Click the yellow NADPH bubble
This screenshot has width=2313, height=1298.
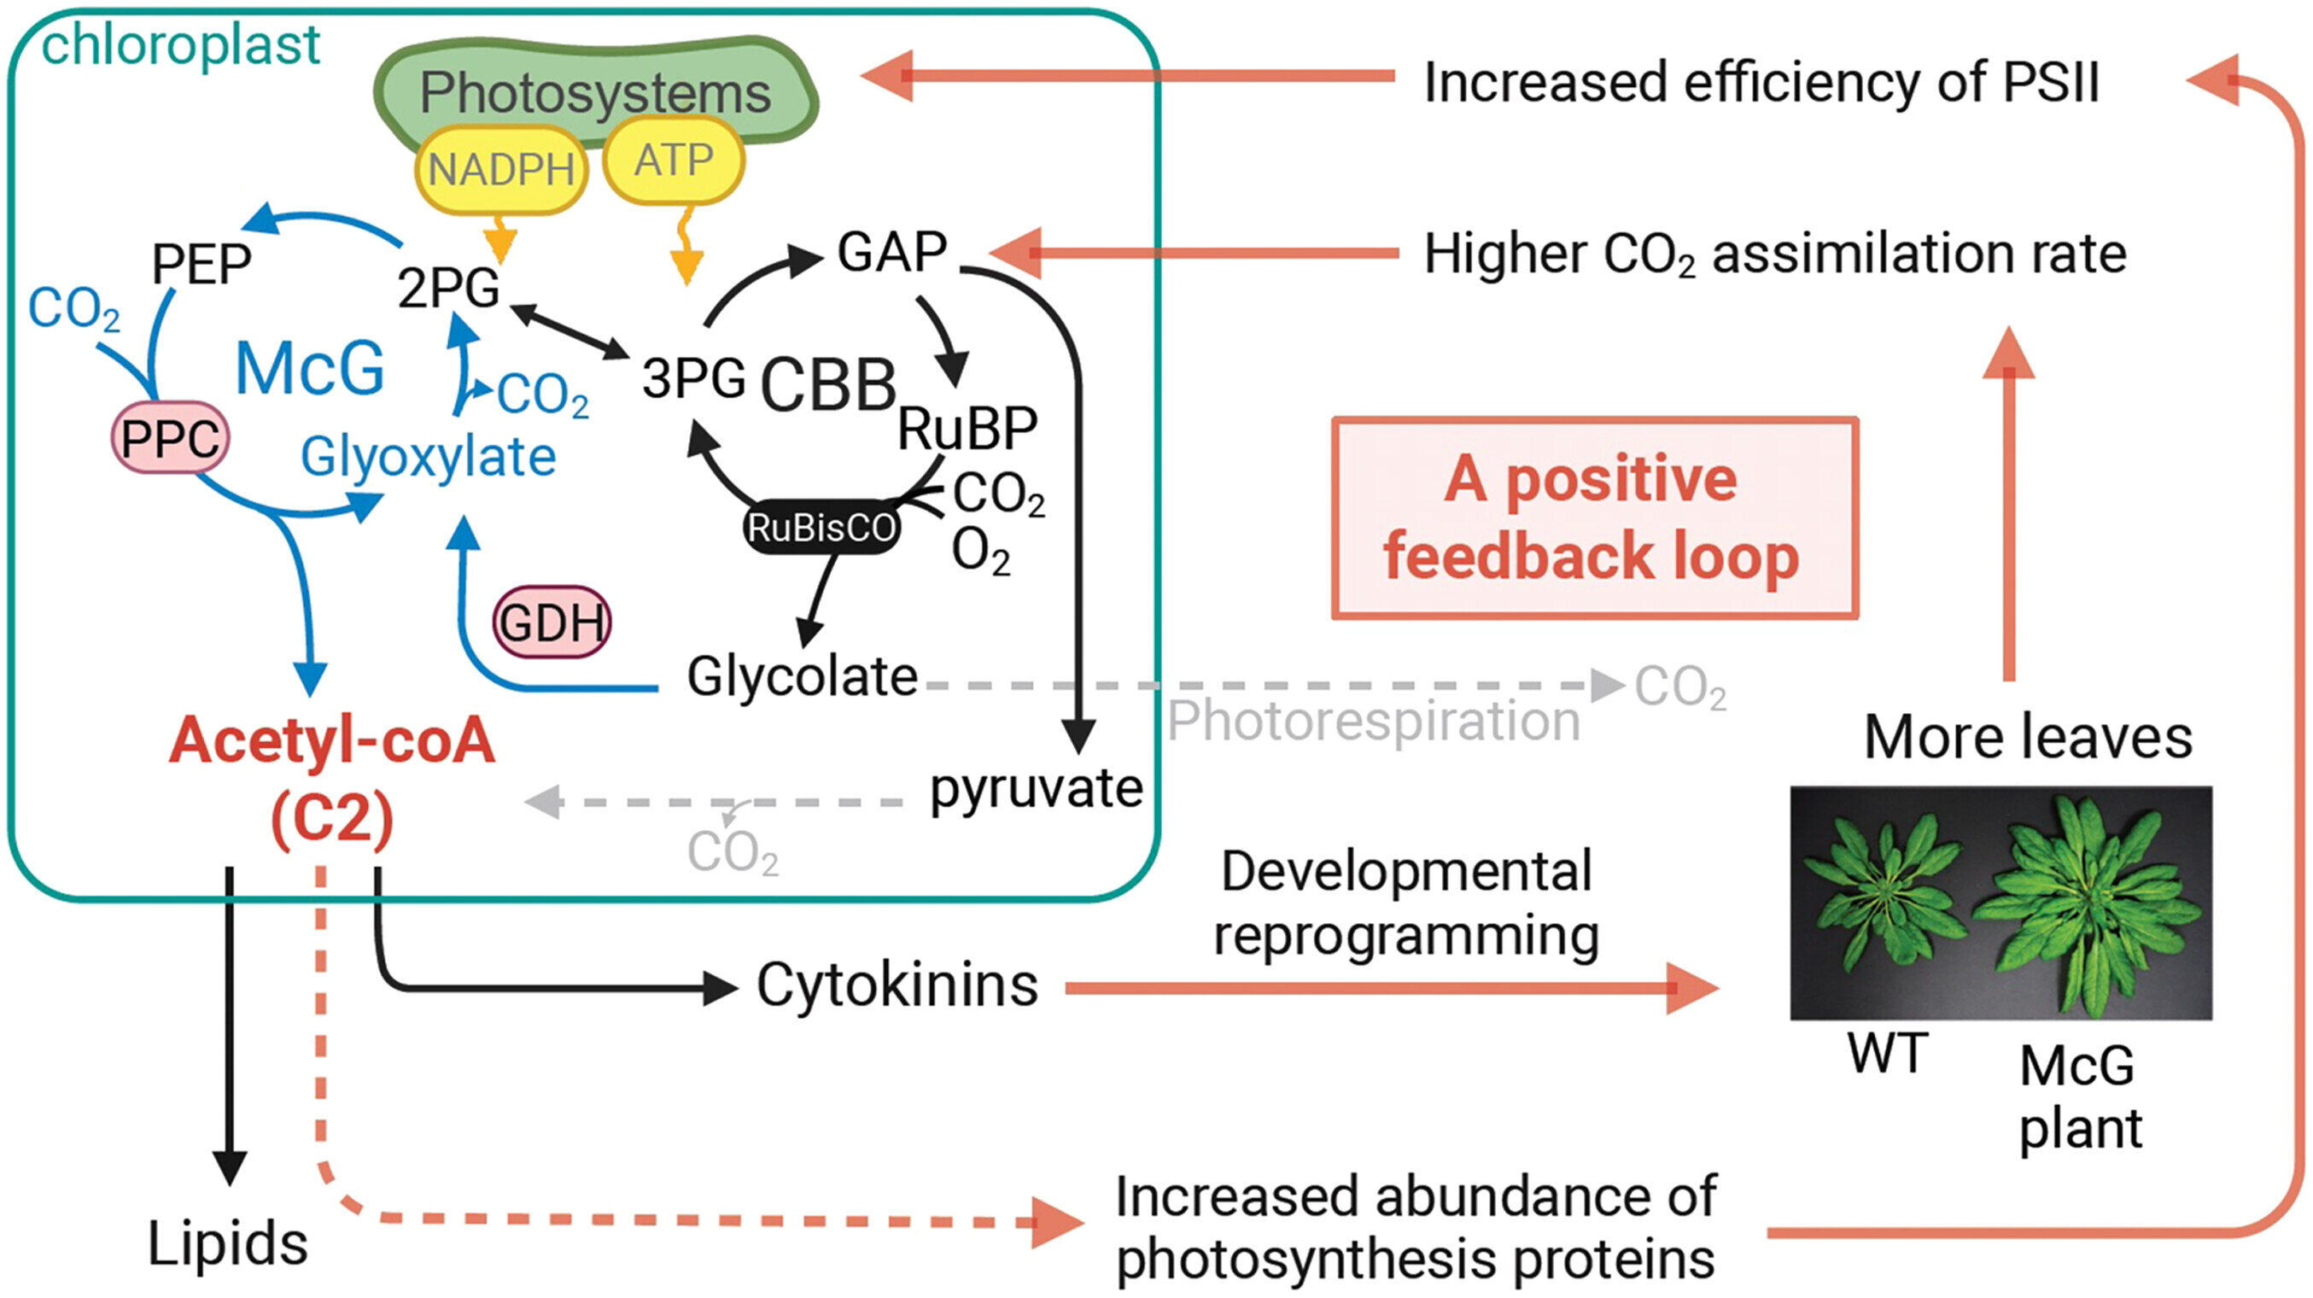pos(500,169)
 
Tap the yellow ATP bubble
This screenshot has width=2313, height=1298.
pos(674,161)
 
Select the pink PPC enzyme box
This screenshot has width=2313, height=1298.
pos(170,438)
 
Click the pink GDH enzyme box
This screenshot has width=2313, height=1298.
pos(552,622)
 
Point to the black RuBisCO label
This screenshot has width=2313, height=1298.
pos(821,527)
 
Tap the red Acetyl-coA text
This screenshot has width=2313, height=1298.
pos(332,742)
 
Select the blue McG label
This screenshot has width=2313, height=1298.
pos(310,368)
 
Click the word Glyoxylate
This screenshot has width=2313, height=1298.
pos(429,457)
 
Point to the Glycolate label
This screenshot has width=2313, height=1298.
pos(802,676)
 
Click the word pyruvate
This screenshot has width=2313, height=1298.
pos(1037,789)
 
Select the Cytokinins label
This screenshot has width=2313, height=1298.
pos(897,985)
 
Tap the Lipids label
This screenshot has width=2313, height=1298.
pos(227,1244)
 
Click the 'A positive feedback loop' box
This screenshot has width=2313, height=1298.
pos(1594,518)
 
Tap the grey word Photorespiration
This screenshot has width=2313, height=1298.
pos(1373,722)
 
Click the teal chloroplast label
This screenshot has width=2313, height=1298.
pos(180,45)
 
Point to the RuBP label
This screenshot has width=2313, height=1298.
pos(967,429)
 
